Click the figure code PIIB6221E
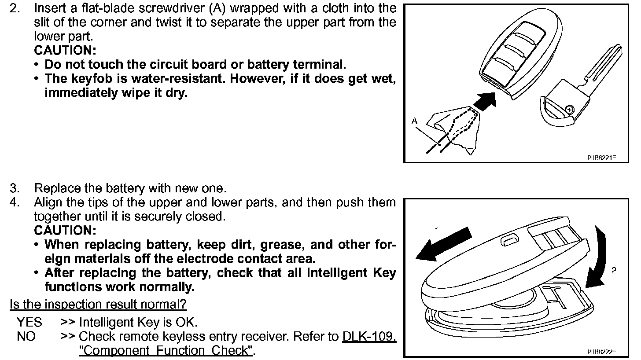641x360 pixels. click(x=601, y=158)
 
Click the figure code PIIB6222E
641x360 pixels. click(x=601, y=352)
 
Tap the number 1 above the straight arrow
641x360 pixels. click(x=436, y=230)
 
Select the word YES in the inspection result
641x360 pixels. click(x=29, y=322)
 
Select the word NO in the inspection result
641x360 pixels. click(x=26, y=337)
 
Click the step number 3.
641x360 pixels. click(x=15, y=188)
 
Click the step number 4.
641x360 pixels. click(x=15, y=202)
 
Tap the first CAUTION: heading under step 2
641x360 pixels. click(x=65, y=50)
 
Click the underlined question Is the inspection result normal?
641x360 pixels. click(x=98, y=304)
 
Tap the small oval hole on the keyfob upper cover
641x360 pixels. click(x=510, y=240)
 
